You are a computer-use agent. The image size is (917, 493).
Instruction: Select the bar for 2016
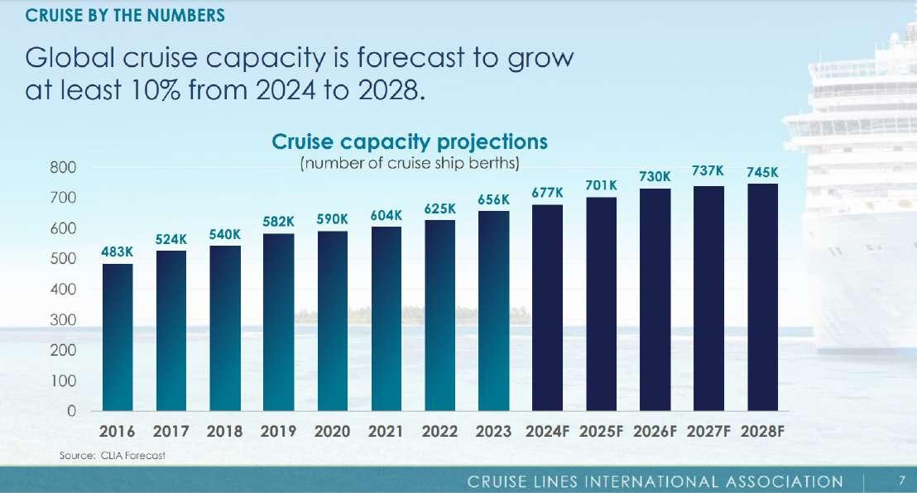[118, 337]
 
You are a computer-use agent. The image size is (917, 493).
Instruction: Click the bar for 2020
[333, 320]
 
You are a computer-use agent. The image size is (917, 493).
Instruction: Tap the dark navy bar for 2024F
[547, 308]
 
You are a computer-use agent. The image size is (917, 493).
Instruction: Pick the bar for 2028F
[762, 297]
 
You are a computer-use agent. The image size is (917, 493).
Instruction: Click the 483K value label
[117, 252]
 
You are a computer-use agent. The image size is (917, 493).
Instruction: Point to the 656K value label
[493, 200]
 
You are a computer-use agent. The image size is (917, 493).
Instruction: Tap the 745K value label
[762, 173]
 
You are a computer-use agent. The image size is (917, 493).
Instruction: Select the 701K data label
[601, 185]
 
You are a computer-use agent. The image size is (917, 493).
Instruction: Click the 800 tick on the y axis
[63, 168]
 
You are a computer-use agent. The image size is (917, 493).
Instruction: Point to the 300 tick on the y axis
[63, 320]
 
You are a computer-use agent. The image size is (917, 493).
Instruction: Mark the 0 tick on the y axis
[71, 411]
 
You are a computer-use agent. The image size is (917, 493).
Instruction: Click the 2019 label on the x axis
[278, 432]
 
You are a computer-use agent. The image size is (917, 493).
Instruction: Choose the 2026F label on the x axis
[655, 432]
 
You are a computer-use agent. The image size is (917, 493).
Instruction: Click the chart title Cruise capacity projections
[410, 142]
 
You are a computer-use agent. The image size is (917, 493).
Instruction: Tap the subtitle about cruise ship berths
[410, 163]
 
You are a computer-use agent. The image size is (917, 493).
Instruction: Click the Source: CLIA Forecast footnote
[113, 456]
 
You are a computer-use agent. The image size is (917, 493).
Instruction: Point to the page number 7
[902, 481]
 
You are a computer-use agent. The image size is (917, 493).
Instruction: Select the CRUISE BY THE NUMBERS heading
[125, 15]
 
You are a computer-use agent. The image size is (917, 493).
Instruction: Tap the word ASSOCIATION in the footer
[785, 482]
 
